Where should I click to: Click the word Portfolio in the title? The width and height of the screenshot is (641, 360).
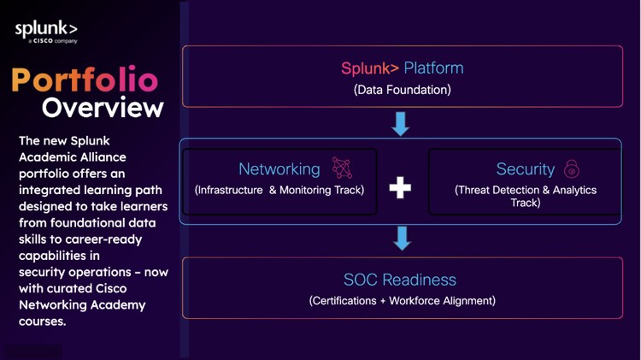coord(85,80)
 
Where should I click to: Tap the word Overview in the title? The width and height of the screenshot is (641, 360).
coord(103,108)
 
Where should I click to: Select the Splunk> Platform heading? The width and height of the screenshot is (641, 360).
coord(402,68)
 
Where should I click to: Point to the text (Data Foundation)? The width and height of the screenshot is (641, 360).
coord(402,89)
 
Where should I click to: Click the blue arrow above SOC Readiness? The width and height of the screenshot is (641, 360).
coord(400,239)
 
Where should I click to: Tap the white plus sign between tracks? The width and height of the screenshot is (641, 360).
coord(400,187)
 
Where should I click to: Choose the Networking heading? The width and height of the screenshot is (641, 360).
coord(279,169)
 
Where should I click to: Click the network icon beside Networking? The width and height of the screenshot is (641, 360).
coord(342,168)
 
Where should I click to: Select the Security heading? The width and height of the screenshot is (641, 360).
coord(525,169)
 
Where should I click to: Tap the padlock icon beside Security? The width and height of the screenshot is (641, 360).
coord(572,168)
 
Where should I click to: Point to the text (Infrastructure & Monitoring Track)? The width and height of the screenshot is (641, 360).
coord(279,190)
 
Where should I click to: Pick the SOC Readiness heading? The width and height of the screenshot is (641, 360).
coord(400,280)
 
